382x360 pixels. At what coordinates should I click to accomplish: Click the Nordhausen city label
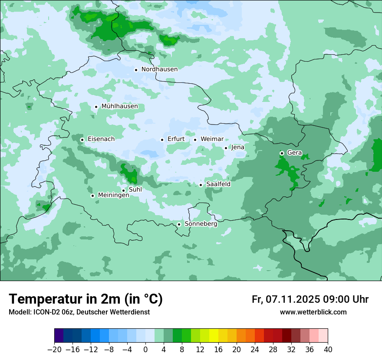click(159, 69)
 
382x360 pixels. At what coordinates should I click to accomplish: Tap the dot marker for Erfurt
click(162, 140)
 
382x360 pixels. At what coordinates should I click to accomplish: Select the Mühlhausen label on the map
click(119, 106)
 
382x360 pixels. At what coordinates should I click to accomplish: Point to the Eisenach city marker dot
click(82, 140)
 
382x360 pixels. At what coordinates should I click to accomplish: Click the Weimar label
click(212, 139)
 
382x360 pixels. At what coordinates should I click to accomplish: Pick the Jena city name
click(238, 147)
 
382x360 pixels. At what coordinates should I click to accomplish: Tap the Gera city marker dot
click(282, 153)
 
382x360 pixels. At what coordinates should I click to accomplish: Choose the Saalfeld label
click(218, 184)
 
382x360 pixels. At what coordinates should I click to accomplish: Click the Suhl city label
click(135, 190)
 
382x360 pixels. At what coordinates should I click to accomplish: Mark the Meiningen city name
click(114, 196)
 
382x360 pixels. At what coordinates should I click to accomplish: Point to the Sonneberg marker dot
click(179, 224)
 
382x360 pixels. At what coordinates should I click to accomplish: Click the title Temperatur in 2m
click(86, 299)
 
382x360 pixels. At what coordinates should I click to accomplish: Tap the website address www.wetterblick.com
click(313, 312)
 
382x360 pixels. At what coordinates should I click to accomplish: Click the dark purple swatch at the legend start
click(59, 336)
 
